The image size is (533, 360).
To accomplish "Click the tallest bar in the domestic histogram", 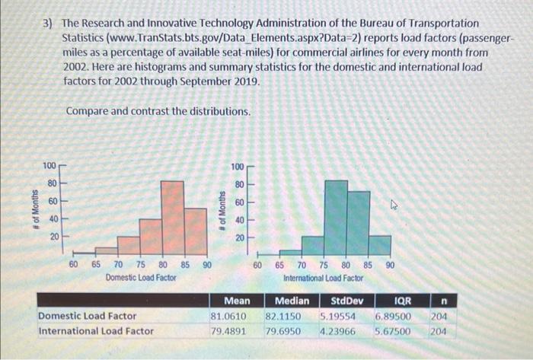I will click(173, 217).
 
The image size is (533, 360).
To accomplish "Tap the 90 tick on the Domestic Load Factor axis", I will click(206, 266).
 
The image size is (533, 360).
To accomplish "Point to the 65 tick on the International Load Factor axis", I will click(280, 266).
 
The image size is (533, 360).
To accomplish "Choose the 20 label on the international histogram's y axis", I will click(238, 238).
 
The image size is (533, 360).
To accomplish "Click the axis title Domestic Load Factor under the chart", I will click(142, 278).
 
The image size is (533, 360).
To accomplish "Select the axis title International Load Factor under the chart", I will click(324, 278).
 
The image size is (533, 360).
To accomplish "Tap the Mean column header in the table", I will click(237, 301).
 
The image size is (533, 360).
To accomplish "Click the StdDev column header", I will click(347, 301).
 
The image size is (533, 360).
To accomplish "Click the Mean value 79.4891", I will click(229, 331).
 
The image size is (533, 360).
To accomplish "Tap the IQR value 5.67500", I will click(393, 331).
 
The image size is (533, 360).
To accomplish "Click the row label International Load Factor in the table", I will click(96, 331).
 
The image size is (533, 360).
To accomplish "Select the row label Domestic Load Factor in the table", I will click(88, 316).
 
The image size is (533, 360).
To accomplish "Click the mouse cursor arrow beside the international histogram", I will click(394, 205).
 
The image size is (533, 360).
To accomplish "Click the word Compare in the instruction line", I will click(90, 111).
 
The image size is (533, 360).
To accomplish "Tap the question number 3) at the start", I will click(48, 24).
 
